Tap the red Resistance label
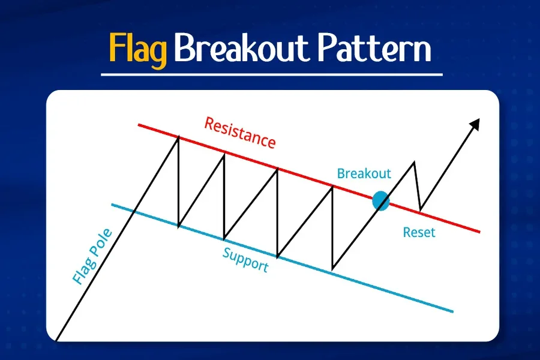coord(240,133)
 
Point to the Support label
coord(245,259)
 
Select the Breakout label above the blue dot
coord(364,174)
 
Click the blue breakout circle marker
coord(380,201)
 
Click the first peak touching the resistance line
coord(178,137)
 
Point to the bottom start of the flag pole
coord(56,340)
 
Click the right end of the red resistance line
coord(479,232)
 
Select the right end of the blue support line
coord(452,311)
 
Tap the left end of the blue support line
coord(112,205)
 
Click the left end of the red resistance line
coord(139,124)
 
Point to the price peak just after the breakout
coord(414,162)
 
